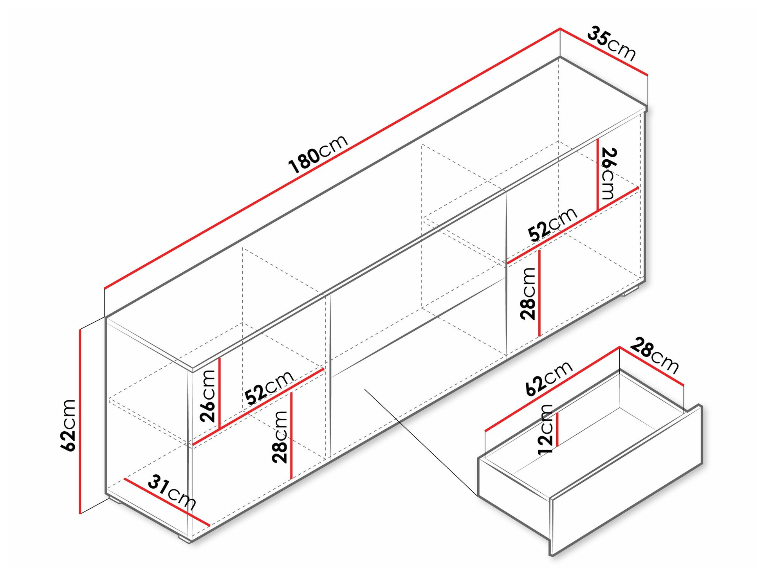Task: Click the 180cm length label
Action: (x=318, y=154)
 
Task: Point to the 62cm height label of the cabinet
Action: (x=69, y=425)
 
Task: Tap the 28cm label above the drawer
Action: (x=654, y=355)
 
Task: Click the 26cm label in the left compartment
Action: (x=208, y=396)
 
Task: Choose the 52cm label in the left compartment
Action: (x=269, y=387)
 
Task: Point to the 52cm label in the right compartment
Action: (x=552, y=225)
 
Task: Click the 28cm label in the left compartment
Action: (x=280, y=436)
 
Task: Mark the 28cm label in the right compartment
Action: (x=528, y=293)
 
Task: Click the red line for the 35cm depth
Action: (x=604, y=51)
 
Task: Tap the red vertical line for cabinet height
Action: (x=80, y=421)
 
